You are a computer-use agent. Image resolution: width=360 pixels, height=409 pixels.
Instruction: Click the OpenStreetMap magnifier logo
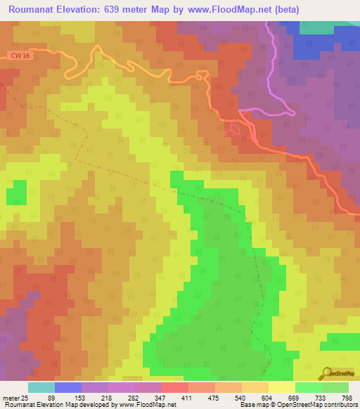point(328,374)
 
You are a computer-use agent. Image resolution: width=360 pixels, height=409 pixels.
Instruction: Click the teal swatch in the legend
point(41,387)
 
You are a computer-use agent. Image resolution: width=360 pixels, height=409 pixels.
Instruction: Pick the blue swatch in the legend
point(67,387)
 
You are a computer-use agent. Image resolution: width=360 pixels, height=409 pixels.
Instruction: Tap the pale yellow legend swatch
point(281,387)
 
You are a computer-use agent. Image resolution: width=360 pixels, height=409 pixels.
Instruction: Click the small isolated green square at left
point(17,192)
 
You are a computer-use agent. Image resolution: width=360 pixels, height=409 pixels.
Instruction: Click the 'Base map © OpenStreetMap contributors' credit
point(296,404)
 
